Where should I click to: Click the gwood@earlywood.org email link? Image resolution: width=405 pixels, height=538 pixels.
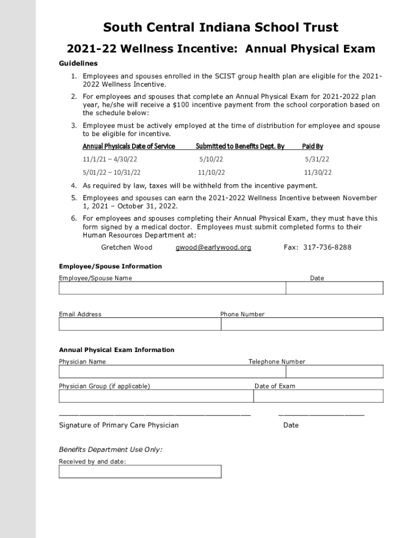click(213, 247)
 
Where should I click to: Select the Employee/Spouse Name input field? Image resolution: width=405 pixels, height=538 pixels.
click(172, 288)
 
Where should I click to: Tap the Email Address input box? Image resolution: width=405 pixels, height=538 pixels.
click(139, 324)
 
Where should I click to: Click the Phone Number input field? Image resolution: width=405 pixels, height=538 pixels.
click(302, 324)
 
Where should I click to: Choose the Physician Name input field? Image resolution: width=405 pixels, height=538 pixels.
click(172, 371)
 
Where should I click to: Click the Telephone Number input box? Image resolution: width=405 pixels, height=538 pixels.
click(335, 371)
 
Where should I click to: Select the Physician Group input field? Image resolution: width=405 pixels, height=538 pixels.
click(156, 396)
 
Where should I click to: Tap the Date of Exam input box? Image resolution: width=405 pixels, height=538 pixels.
click(318, 396)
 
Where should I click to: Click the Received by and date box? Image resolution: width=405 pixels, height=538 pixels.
click(140, 471)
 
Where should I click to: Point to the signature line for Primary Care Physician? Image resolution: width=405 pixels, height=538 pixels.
click(155, 415)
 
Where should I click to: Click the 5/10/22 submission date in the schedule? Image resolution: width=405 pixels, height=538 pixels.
click(211, 159)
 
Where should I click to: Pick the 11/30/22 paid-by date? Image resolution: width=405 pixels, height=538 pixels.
click(318, 172)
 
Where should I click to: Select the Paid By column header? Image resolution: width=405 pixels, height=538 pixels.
click(312, 146)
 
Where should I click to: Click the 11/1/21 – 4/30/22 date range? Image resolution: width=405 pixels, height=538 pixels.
click(110, 159)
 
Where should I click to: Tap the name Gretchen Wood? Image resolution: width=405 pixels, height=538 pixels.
click(127, 247)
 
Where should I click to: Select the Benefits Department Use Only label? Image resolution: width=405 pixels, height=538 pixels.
click(110, 450)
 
